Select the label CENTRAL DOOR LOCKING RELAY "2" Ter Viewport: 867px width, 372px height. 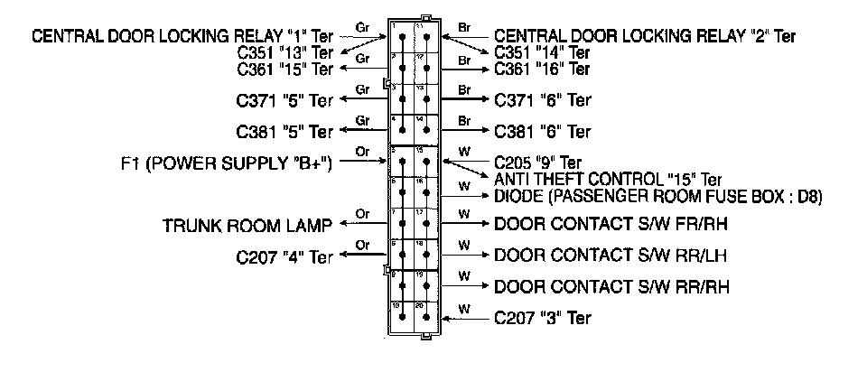point(646,37)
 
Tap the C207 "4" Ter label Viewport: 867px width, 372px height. point(284,256)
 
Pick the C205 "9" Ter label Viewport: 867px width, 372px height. point(538,163)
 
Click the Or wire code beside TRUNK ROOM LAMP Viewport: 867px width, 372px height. point(363,214)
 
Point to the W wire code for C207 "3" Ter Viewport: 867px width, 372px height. point(464,308)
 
